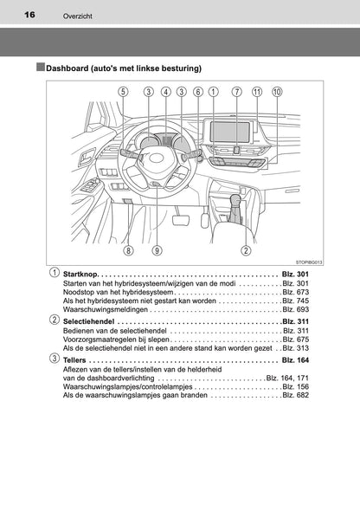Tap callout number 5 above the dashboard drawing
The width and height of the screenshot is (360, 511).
click(124, 91)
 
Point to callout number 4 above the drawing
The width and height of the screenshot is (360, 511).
click(165, 91)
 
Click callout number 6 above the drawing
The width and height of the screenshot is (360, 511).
click(198, 91)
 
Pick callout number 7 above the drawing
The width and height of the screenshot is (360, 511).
click(235, 91)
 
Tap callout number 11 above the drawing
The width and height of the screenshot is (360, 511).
click(256, 91)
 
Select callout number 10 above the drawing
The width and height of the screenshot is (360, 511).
click(276, 91)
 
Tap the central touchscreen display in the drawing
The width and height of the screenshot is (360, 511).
click(230, 131)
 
